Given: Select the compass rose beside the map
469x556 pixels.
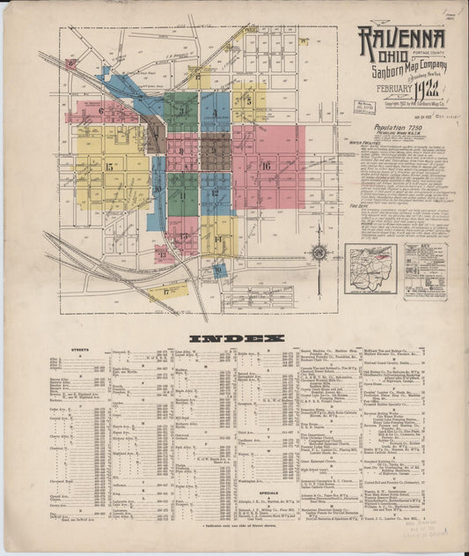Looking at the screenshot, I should (319, 254).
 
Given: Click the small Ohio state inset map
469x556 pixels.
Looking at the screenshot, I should (370, 269).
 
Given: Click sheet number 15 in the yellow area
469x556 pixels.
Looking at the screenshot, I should (109, 167).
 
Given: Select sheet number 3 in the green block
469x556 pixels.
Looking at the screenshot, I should (181, 112).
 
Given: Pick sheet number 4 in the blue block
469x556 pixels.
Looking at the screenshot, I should (214, 112).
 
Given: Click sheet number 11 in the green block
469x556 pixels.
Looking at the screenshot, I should (182, 195).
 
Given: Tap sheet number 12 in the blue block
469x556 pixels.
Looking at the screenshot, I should (215, 193).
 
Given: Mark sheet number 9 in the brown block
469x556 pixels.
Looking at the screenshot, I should (215, 151).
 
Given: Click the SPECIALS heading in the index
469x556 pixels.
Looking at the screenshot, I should (267, 493).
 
